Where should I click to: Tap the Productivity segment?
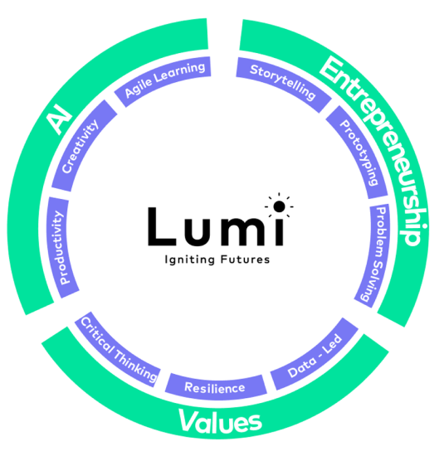[x=62, y=248]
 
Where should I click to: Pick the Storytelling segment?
[x=282, y=82]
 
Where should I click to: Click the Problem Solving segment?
[x=373, y=257]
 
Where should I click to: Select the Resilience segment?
[x=216, y=387]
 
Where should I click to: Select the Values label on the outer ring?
[x=220, y=421]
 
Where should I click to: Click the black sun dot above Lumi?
[x=279, y=206]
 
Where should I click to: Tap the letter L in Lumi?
[x=162, y=226]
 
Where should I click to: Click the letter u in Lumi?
[x=198, y=231]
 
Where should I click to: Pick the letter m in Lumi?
[x=243, y=231]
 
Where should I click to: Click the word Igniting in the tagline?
[x=190, y=260]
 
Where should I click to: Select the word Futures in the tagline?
[x=245, y=260]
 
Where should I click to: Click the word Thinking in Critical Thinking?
[x=136, y=365]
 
